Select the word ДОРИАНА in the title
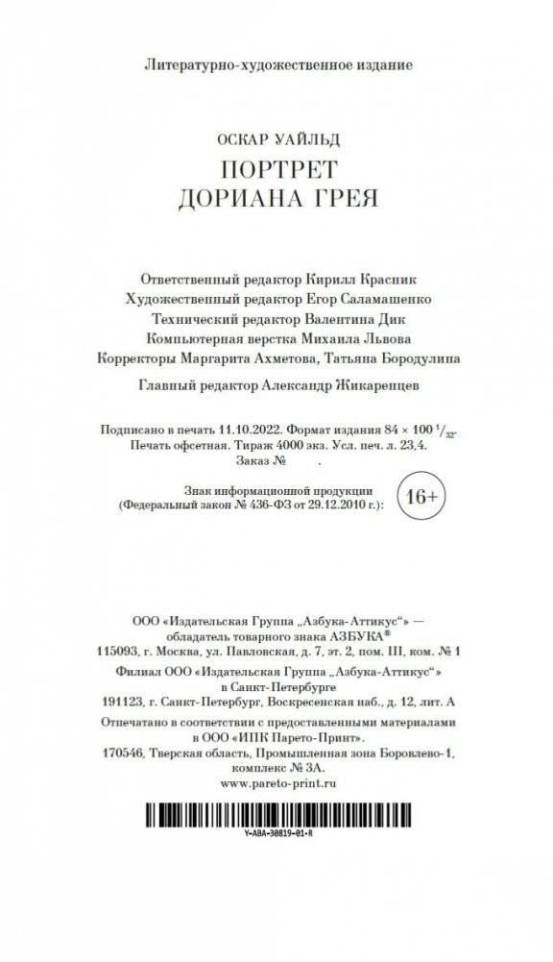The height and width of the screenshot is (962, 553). pyautogui.click(x=237, y=199)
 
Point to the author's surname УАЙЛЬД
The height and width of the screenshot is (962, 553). pyautogui.click(x=309, y=140)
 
